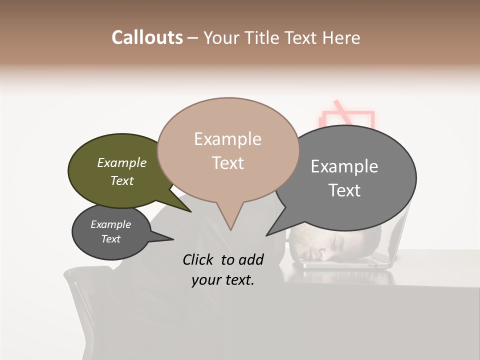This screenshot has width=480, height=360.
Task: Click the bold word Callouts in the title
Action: tap(147, 37)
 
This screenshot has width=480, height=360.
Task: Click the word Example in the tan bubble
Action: tap(227, 139)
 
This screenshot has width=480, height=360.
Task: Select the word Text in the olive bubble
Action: tap(122, 181)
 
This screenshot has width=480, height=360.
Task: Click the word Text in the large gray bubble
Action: tap(344, 190)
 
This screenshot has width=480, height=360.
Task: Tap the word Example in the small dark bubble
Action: tap(110, 224)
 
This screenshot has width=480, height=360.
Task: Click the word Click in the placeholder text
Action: tap(199, 259)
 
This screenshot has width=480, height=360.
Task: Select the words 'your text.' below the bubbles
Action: tap(222, 280)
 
